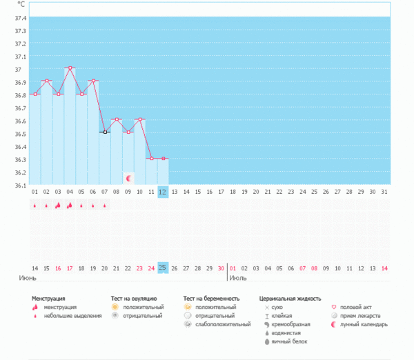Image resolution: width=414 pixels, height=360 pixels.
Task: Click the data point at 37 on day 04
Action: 70,68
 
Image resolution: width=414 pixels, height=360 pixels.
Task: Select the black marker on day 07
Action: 105,132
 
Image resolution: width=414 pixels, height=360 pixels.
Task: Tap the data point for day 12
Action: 163,159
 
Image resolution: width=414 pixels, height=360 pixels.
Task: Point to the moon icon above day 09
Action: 128,178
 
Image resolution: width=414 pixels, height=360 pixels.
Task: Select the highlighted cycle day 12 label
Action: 163,191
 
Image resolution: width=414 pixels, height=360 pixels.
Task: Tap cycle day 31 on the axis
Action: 384,191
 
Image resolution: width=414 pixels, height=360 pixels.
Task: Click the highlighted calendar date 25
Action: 163,268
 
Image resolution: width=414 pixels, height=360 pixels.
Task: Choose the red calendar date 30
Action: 221,268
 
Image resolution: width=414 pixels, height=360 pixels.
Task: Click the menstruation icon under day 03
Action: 58,205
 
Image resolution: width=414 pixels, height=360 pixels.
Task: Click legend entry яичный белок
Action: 290,341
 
